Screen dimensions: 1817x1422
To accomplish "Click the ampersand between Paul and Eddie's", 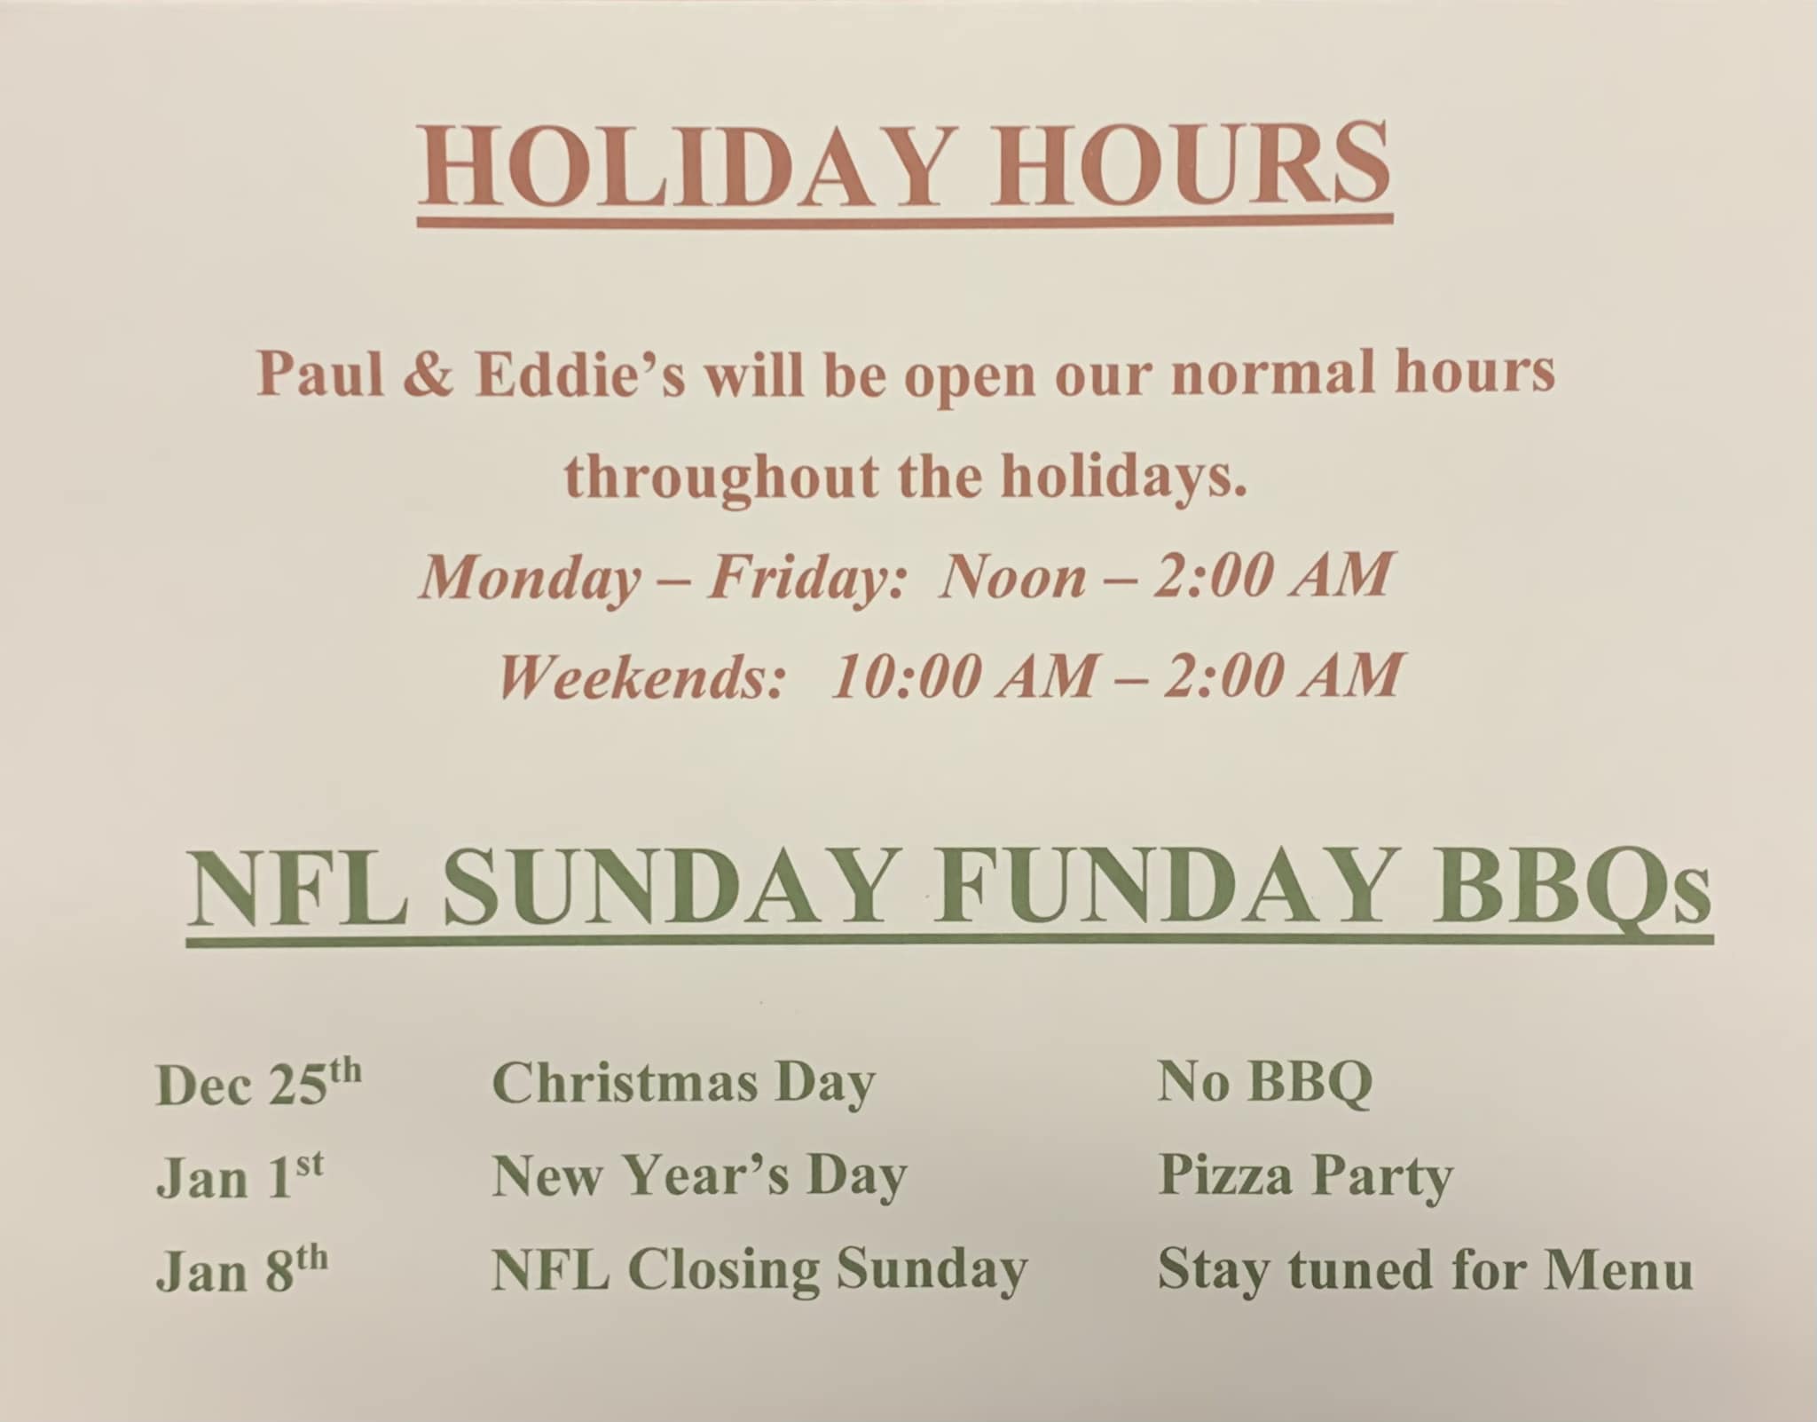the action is [x=429, y=375].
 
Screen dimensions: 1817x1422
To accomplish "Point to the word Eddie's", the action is [x=581, y=375].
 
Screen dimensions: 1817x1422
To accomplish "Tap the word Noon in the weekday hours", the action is [x=1013, y=577].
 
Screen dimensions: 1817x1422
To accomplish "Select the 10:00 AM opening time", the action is [x=963, y=676].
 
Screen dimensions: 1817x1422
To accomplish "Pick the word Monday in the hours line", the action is [x=531, y=579].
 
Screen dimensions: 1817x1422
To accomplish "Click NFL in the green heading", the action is [x=299, y=888].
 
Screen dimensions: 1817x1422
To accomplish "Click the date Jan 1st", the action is [x=240, y=1177].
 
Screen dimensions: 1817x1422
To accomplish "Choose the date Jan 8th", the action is [x=242, y=1270].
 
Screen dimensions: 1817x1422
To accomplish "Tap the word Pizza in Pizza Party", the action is [x=1226, y=1176].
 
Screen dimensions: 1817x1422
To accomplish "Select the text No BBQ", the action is [x=1265, y=1084].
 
